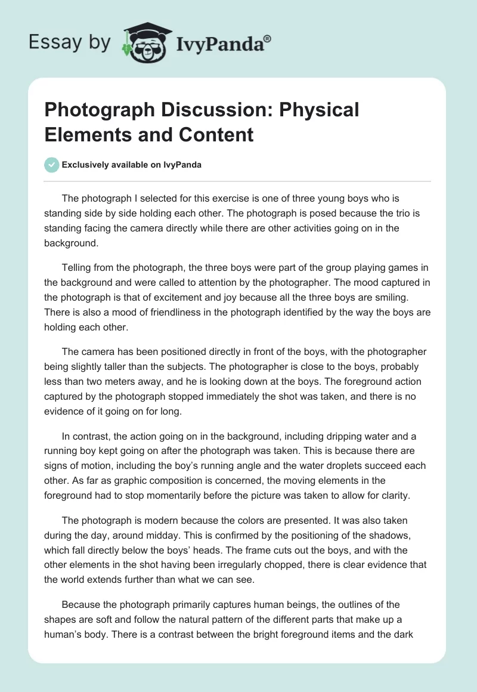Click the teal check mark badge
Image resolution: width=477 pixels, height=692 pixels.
[52, 165]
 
